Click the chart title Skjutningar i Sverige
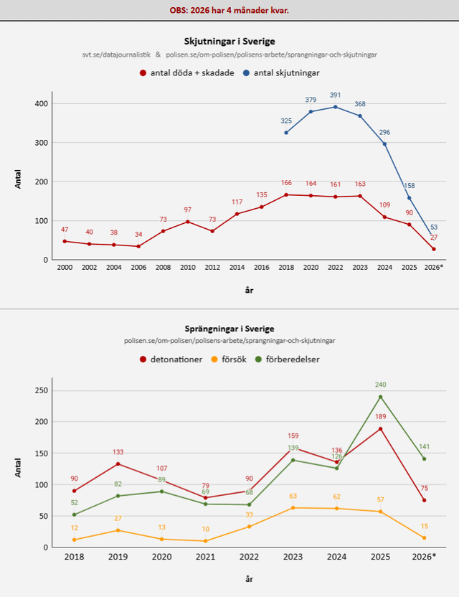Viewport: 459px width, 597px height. coord(229,41)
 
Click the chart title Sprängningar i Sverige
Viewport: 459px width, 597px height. coord(229,329)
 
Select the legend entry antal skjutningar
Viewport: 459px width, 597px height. coord(281,72)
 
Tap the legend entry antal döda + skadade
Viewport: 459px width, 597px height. coord(187,72)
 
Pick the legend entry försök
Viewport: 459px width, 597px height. coord(229,359)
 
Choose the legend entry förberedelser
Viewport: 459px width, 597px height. coord(288,359)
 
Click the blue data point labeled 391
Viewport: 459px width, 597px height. coord(336,107)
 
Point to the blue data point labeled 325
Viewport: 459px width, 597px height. coord(286,133)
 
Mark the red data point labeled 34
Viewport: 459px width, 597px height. coord(138,246)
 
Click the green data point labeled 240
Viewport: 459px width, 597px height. coord(381,397)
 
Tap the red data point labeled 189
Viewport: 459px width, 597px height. coord(381,428)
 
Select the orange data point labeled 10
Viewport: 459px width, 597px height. coord(206,541)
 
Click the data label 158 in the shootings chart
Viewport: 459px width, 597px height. coord(409,186)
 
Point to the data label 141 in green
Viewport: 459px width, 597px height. coord(425,446)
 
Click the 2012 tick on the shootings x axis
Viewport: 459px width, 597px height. coord(212,267)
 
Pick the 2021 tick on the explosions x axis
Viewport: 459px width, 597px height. coord(206,557)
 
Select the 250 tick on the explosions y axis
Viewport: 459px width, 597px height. coord(42,390)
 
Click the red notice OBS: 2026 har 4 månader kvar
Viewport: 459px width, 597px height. coord(229,10)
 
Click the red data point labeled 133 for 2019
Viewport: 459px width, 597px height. coord(118,464)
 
